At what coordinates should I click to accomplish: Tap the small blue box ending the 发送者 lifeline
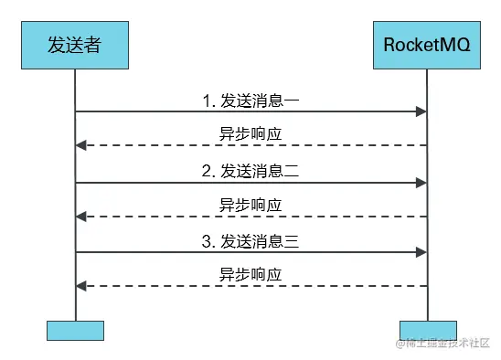[75, 330]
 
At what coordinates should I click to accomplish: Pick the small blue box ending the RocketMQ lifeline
[428, 330]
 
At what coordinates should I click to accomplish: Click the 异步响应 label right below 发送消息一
[250, 133]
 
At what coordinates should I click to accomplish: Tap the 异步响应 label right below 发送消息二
[250, 204]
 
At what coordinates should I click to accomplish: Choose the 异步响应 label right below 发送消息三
[250, 274]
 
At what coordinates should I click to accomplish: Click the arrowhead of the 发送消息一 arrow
[422, 111]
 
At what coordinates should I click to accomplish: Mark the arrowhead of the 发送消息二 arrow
[422, 182]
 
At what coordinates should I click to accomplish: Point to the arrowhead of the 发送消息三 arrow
[422, 252]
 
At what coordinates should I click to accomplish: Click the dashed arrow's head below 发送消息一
[80, 145]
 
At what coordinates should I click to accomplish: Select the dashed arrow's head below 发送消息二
[80, 217]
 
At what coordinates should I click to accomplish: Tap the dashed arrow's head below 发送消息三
[80, 286]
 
